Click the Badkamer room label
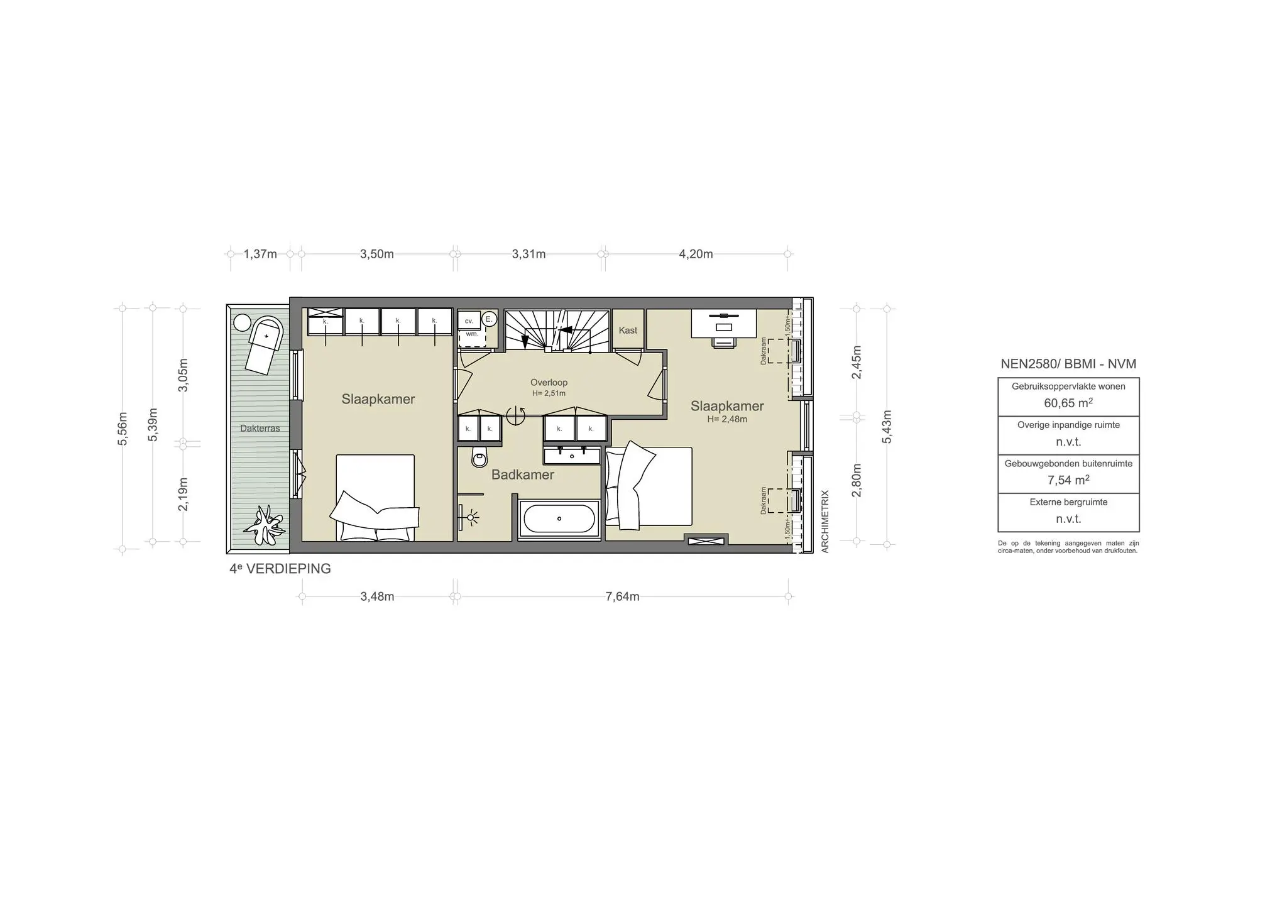pyautogui.click(x=522, y=475)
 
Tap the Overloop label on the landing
pyautogui.click(x=549, y=382)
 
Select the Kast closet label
pyautogui.click(x=628, y=331)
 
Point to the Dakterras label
pyautogui.click(x=260, y=429)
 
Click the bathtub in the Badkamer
pyautogui.click(x=559, y=519)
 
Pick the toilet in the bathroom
pyautogui.click(x=479, y=458)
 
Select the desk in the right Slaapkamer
pyautogui.click(x=724, y=323)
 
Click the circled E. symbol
pyautogui.click(x=489, y=319)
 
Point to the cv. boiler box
pyautogui.click(x=469, y=321)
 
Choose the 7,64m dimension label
pyautogui.click(x=622, y=597)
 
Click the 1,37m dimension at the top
pyautogui.click(x=260, y=255)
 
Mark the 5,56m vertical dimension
pyautogui.click(x=123, y=429)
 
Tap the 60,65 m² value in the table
pyautogui.click(x=1068, y=403)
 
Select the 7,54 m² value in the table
pyautogui.click(x=1068, y=480)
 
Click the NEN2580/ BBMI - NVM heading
pyautogui.click(x=1068, y=364)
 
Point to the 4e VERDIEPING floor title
pyautogui.click(x=280, y=569)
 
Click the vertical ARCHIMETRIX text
pyautogui.click(x=825, y=522)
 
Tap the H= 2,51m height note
pyautogui.click(x=549, y=394)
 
